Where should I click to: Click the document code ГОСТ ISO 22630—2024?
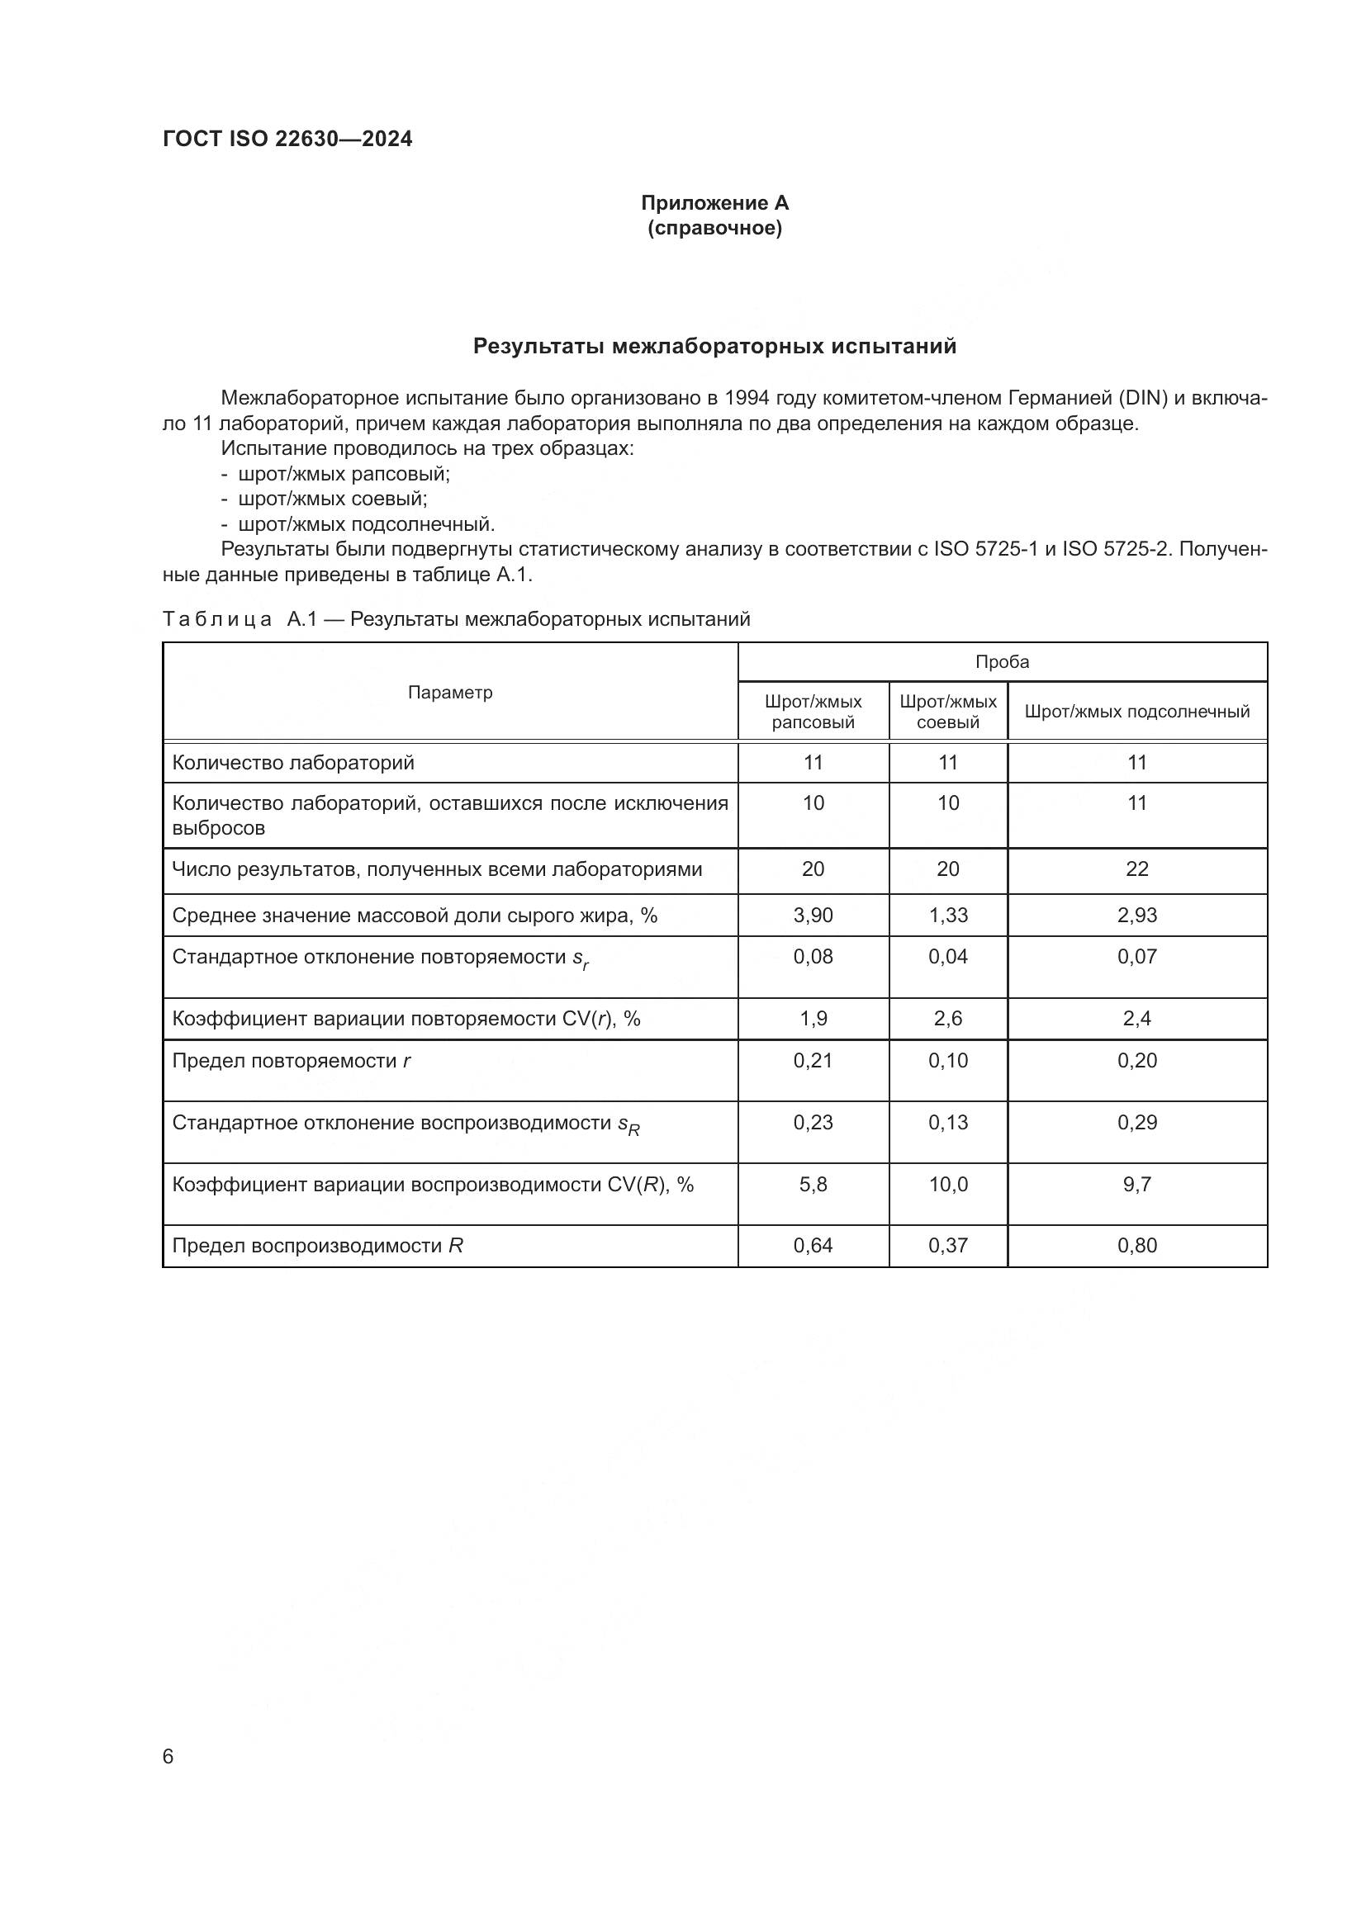pyautogui.click(x=287, y=140)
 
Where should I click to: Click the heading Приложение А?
pyautogui.click(x=714, y=203)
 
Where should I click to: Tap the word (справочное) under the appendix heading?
pyautogui.click(x=714, y=228)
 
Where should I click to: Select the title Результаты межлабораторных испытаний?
pyautogui.click(x=714, y=347)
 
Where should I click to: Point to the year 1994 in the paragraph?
pyautogui.click(x=746, y=398)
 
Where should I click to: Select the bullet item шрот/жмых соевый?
pyautogui.click(x=332, y=499)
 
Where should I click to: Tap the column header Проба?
pyautogui.click(x=1002, y=662)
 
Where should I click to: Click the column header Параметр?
pyautogui.click(x=450, y=692)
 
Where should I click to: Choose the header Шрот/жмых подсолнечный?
pyautogui.click(x=1136, y=712)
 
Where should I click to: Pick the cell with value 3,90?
pyautogui.click(x=813, y=915)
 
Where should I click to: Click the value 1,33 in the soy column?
pyautogui.click(x=948, y=915)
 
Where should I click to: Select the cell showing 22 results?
pyautogui.click(x=1136, y=868)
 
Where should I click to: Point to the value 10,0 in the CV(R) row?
pyautogui.click(x=948, y=1184)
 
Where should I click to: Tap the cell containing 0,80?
pyautogui.click(x=1136, y=1246)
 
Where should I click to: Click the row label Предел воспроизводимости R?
pyautogui.click(x=317, y=1246)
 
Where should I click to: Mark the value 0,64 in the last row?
pyautogui.click(x=813, y=1246)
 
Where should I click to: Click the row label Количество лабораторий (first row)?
pyautogui.click(x=292, y=763)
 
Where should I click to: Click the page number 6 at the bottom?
pyautogui.click(x=168, y=1757)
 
